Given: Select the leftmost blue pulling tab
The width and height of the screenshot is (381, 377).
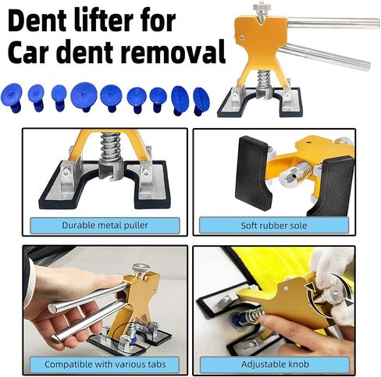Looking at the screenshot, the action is [x=11, y=98].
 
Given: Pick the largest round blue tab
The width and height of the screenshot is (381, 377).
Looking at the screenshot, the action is [x=84, y=96].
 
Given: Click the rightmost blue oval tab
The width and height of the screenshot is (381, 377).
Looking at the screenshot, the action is [x=201, y=101].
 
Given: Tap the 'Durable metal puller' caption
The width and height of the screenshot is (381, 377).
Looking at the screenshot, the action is [x=105, y=226].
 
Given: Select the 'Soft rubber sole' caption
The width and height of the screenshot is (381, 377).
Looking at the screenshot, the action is [x=274, y=226].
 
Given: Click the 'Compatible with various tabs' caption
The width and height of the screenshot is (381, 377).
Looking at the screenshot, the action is [x=105, y=364].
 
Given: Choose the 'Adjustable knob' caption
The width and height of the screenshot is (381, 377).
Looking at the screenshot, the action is [x=275, y=364].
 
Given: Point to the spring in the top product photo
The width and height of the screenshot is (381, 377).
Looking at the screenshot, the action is [x=264, y=80].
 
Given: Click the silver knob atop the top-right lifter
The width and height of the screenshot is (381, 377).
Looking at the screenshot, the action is [x=260, y=9].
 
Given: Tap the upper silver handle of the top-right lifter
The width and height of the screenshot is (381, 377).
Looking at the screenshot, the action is [x=333, y=23].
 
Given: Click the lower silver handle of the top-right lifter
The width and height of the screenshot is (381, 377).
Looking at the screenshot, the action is [x=325, y=57].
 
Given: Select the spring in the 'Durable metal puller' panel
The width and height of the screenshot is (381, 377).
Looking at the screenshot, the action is [x=110, y=147].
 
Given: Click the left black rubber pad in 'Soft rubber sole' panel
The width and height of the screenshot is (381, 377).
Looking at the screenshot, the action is [x=253, y=173].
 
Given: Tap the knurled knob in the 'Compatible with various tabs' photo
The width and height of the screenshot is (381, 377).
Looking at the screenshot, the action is [x=141, y=268].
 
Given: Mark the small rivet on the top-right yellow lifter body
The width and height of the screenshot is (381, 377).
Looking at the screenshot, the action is [x=242, y=37].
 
